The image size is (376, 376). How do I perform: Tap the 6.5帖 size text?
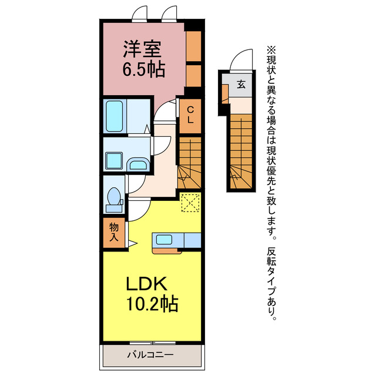tap(143, 69)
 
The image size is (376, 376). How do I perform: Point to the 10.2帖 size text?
tap(150, 305)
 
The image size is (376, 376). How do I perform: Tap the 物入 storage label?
tap(115, 233)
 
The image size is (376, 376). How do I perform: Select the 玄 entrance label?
tap(241, 84)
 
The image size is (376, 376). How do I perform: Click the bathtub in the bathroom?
tap(115, 116)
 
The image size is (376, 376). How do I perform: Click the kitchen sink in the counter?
tap(164, 240)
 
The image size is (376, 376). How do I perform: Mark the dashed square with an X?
tap(190, 202)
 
